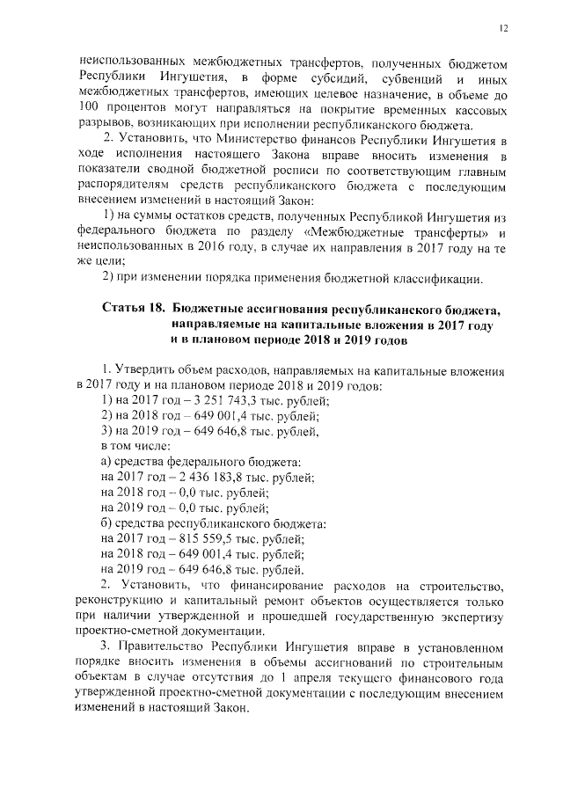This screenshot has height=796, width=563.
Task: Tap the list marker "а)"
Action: tap(107, 461)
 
